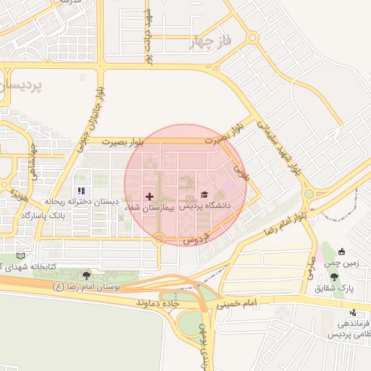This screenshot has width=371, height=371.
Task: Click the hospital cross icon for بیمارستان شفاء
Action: [150, 196]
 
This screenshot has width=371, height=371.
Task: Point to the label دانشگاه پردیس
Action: [204, 206]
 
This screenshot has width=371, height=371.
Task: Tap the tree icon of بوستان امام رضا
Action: [87, 275]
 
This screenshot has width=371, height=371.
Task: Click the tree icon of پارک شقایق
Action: [333, 277]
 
